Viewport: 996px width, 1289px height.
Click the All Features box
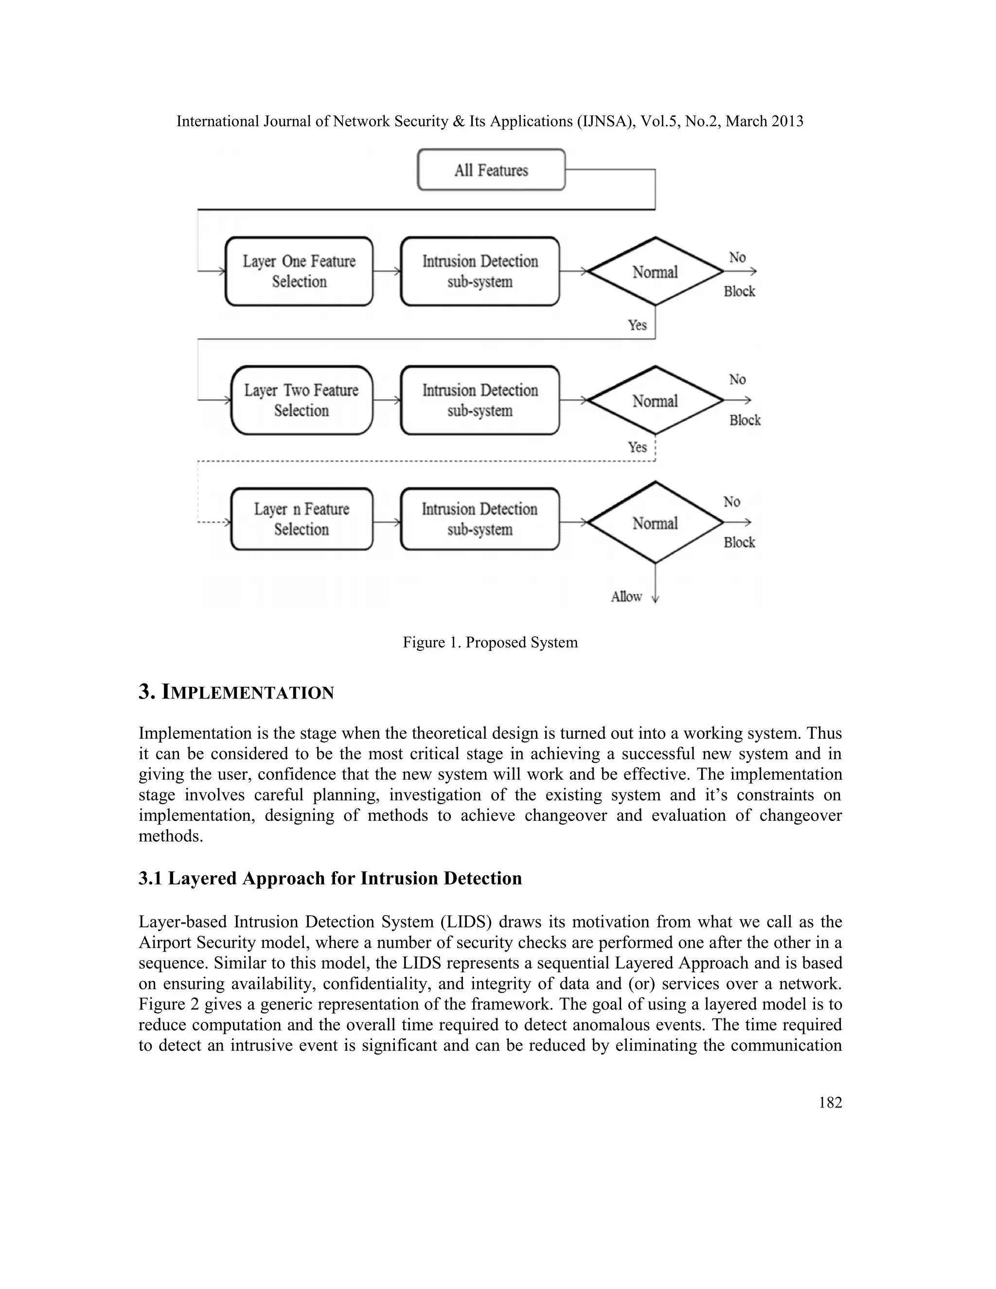tap(491, 170)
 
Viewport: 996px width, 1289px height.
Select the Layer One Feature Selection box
tap(299, 271)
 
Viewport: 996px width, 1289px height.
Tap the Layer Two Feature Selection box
tap(302, 401)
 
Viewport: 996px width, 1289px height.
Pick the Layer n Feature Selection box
tap(302, 519)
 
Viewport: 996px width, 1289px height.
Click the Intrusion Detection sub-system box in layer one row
tap(480, 271)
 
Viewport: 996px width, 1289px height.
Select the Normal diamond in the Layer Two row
tap(655, 401)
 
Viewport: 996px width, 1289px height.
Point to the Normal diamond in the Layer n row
tap(655, 523)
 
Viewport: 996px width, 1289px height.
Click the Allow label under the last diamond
tap(626, 597)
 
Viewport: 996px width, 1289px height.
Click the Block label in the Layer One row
tap(739, 291)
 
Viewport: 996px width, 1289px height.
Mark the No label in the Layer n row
tap(731, 501)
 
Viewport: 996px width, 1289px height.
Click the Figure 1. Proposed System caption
tap(490, 642)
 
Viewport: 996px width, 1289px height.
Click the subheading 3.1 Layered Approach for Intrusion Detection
tap(330, 878)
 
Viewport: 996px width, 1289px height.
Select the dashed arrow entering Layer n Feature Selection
tap(213, 522)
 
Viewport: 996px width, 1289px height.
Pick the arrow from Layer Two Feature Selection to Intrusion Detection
tap(387, 401)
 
